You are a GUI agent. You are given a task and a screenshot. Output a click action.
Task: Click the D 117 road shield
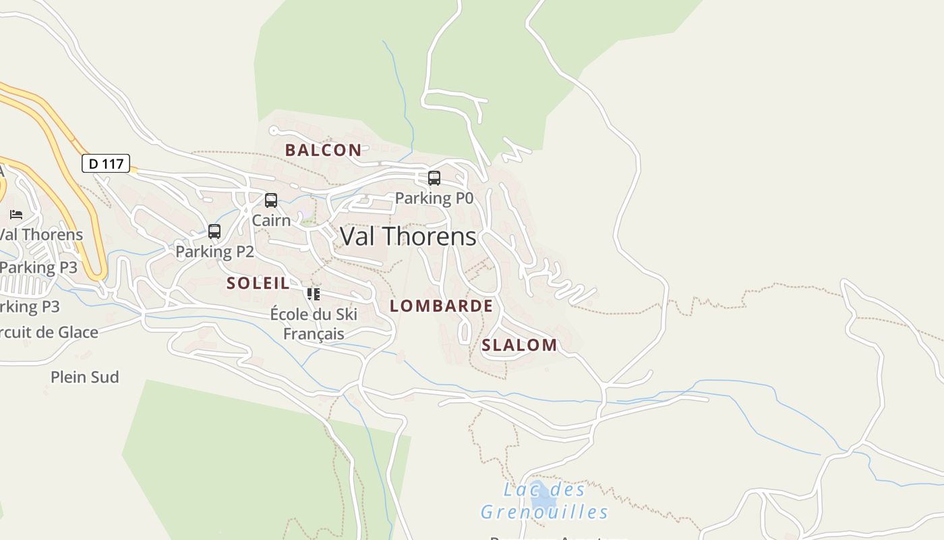(x=106, y=163)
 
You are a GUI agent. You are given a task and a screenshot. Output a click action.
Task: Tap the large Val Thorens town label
(x=408, y=236)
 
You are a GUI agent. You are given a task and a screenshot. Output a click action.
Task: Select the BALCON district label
(x=323, y=150)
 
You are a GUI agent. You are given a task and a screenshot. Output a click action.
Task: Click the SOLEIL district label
(x=258, y=283)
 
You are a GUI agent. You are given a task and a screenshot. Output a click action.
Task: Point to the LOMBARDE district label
(x=441, y=306)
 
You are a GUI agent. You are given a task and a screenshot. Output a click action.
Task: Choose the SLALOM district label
(x=519, y=345)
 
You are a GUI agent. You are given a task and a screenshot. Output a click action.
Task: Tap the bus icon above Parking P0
(x=434, y=178)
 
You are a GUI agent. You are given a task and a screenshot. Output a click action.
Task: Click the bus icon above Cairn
(x=271, y=200)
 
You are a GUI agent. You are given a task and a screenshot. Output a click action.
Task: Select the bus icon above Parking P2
(x=214, y=232)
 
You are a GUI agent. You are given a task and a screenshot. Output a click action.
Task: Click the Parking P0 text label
(x=434, y=198)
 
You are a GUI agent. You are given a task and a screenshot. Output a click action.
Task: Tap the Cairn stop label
(x=271, y=220)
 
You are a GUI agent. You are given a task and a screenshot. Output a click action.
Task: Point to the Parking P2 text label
(x=214, y=252)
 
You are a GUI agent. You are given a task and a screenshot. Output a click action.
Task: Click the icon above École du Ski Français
(x=313, y=294)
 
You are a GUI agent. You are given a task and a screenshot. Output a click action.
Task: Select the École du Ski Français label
(x=314, y=323)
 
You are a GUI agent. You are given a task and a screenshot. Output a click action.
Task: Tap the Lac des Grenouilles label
(x=544, y=500)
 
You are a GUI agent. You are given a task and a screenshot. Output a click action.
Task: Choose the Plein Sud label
(x=85, y=377)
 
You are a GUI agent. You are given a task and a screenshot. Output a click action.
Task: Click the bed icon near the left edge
(x=16, y=215)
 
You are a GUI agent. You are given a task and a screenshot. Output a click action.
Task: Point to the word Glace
(x=78, y=332)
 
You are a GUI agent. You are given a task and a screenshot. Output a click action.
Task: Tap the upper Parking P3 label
(x=38, y=267)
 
